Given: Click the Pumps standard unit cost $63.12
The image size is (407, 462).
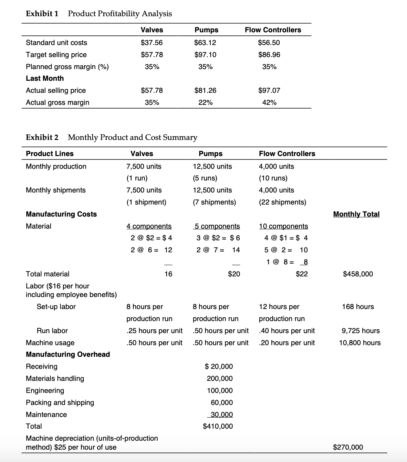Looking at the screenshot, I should (x=205, y=43).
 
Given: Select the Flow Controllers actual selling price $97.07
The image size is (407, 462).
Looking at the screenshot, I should (x=269, y=90).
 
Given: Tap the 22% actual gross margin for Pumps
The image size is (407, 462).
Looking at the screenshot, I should (x=205, y=102).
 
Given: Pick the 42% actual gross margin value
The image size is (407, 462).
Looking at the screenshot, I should (x=269, y=102).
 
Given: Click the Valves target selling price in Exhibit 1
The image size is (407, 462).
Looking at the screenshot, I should (x=152, y=55).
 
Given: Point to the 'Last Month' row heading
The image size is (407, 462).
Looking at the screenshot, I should (x=45, y=78).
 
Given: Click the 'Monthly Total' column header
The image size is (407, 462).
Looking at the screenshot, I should (x=356, y=214).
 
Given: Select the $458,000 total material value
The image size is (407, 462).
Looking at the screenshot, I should (x=358, y=274).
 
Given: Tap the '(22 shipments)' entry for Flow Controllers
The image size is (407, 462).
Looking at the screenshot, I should (x=282, y=202).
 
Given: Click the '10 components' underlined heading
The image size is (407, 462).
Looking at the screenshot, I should (x=283, y=226).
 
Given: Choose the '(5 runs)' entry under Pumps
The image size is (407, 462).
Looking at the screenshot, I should (x=205, y=178).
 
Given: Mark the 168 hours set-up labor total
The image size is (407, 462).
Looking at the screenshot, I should (x=358, y=307).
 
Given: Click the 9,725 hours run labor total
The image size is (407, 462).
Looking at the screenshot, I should (x=361, y=331).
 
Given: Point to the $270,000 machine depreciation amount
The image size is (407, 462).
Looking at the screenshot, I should (x=348, y=447).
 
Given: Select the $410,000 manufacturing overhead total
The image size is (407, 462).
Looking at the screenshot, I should (x=218, y=426).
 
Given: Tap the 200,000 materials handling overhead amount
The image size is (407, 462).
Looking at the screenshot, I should (x=220, y=378).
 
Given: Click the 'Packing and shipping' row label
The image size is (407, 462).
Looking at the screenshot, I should (x=60, y=403).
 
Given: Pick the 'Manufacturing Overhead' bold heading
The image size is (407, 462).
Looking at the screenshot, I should (x=68, y=354).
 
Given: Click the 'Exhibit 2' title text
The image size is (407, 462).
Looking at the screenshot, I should (x=42, y=137).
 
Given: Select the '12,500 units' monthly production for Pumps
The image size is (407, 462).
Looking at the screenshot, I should (x=212, y=166).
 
